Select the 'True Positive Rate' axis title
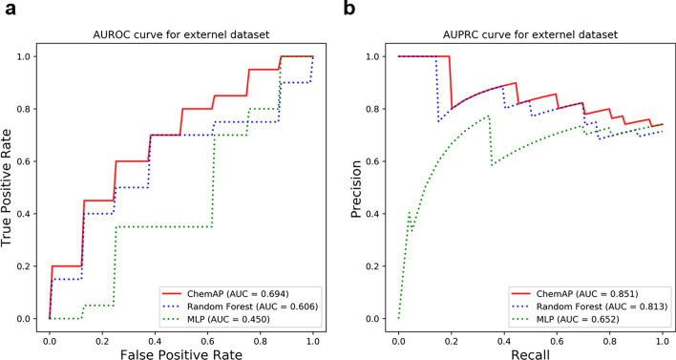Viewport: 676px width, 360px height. coord(11,187)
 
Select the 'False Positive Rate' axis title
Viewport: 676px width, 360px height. coord(180,350)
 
